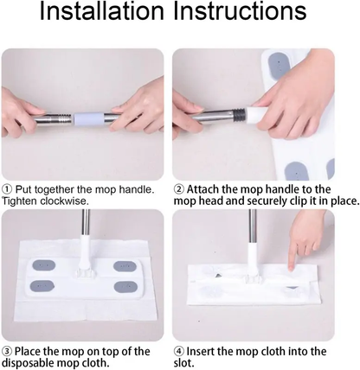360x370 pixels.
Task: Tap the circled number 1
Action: click(7, 189)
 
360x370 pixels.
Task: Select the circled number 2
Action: click(178, 189)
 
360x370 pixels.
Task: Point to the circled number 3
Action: click(7, 351)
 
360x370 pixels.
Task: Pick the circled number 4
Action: click(178, 351)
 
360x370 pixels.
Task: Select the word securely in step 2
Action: click(260, 201)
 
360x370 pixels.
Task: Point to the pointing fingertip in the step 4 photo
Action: click(291, 260)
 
